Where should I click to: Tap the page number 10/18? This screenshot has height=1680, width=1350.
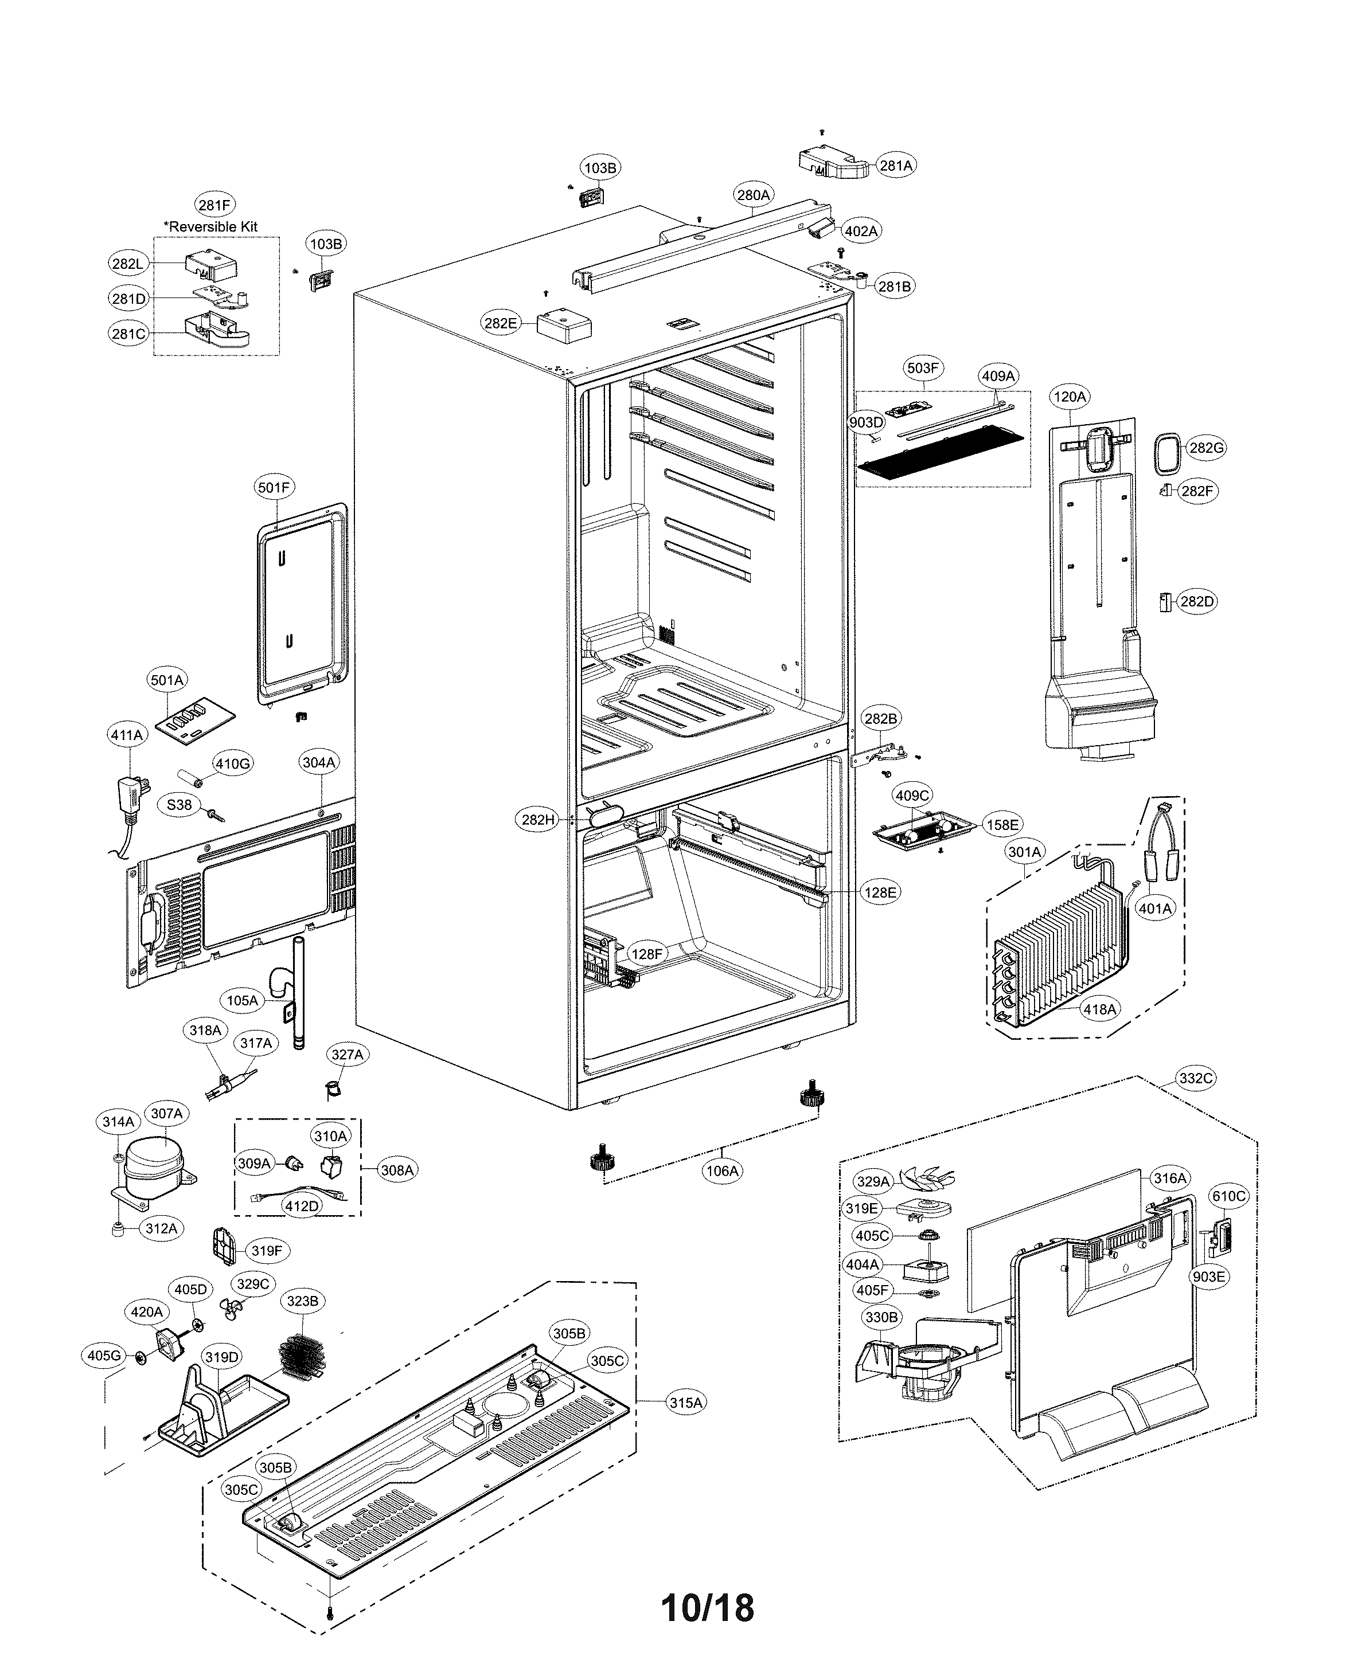click(707, 1608)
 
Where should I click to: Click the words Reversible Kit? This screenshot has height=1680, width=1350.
click(214, 227)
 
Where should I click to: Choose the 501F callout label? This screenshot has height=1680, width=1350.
click(274, 488)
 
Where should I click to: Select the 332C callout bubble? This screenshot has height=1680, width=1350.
click(1196, 1078)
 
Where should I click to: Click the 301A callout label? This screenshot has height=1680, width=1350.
click(1024, 852)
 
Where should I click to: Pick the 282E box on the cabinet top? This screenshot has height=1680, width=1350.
click(563, 326)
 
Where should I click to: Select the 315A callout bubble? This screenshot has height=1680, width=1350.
click(686, 1403)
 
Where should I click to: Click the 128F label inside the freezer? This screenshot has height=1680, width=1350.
click(647, 954)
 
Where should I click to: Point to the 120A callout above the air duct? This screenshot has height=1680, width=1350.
click(1070, 397)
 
